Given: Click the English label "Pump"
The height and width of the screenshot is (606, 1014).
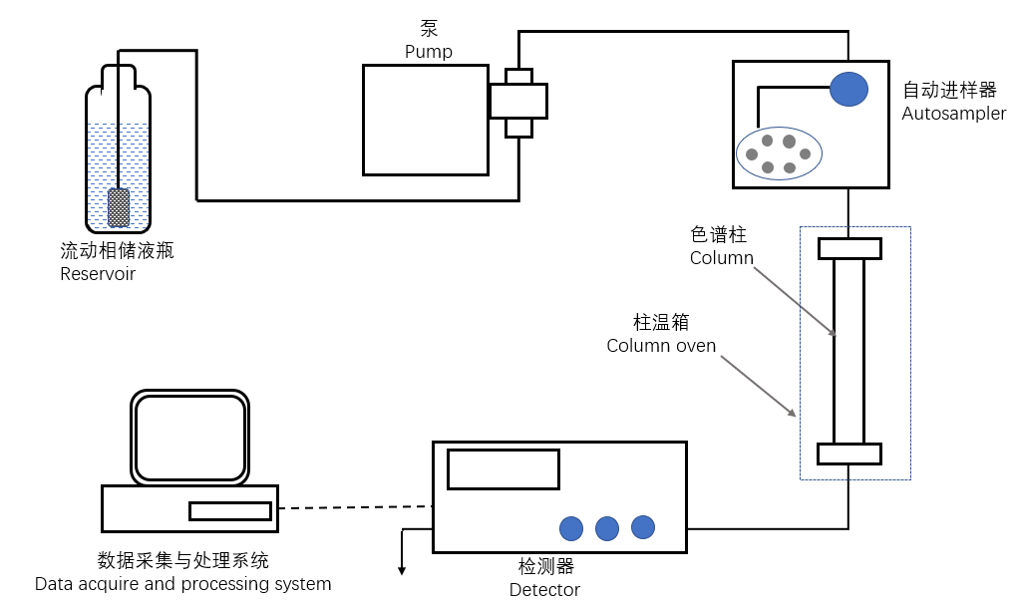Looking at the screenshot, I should [x=428, y=52].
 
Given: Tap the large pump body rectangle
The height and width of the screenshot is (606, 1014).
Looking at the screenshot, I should [x=425, y=119].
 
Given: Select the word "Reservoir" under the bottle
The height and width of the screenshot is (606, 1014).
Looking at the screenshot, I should [x=98, y=274].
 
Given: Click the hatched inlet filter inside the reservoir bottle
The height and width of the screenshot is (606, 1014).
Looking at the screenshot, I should [x=119, y=207].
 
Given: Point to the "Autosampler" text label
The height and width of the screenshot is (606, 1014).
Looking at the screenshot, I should [x=953, y=114].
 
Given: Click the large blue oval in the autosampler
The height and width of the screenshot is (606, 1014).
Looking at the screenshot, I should [x=848, y=89].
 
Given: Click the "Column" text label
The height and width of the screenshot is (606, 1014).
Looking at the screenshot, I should [x=722, y=258].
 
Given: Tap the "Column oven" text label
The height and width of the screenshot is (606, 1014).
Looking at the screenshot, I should [x=661, y=346].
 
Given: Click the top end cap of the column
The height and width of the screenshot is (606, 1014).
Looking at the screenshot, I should [x=848, y=248].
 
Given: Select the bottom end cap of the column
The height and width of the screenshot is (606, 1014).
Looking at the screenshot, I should [x=848, y=454].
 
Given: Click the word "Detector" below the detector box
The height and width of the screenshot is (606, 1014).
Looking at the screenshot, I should [x=544, y=590].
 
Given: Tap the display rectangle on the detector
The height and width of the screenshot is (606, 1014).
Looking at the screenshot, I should [x=503, y=469].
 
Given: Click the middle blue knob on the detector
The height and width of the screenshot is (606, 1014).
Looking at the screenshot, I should [x=607, y=528].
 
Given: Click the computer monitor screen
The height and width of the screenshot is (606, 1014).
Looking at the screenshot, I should [x=189, y=437].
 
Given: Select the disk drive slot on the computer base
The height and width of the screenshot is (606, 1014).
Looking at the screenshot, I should [x=230, y=511].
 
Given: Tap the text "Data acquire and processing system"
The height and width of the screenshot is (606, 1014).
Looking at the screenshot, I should [x=182, y=584].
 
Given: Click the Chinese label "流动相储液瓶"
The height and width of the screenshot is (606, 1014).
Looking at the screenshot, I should [x=117, y=251].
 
